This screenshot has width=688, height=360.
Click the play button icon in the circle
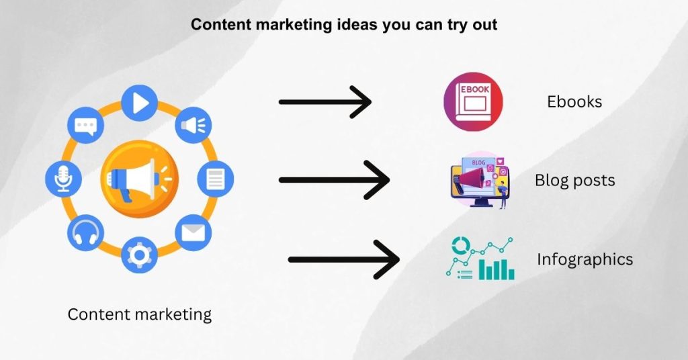point(140,103)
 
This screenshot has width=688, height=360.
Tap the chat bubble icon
point(86,125)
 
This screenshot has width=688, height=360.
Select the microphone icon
point(64,179)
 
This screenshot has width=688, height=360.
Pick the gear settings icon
point(140,255)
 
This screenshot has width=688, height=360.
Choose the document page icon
point(215,179)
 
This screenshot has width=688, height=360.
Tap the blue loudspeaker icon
point(193,125)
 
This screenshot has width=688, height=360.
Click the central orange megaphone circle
point(140,179)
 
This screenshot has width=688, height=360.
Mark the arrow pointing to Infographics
point(343,259)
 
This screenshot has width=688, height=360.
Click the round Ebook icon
point(473,102)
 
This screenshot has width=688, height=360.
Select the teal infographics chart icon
point(480,259)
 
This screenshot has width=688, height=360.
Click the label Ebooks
point(574,102)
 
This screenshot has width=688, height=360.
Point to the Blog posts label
point(574,181)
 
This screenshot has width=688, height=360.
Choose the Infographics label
point(585,259)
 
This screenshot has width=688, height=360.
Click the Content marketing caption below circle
point(140,314)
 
